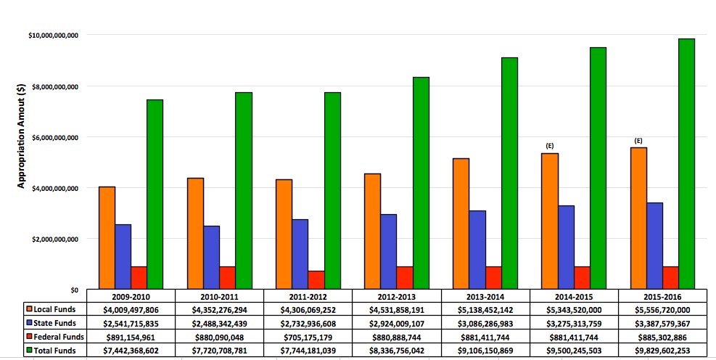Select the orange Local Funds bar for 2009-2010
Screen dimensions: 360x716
point(107,238)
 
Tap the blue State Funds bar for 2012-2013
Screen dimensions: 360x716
point(389,252)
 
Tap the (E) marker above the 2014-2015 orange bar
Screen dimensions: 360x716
point(551,146)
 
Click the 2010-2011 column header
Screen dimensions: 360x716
point(219,297)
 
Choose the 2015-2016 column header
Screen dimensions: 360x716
point(662,297)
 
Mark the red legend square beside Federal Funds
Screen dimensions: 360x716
point(28,337)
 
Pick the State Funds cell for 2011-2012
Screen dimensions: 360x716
point(308,324)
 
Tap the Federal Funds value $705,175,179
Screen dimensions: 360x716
point(308,337)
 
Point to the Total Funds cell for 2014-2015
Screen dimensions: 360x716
point(573,351)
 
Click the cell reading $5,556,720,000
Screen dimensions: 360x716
point(662,310)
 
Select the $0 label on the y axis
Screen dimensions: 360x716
point(73,290)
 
